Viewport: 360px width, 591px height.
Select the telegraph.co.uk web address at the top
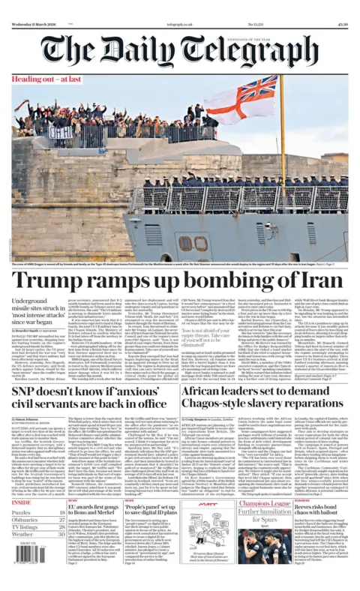(181, 4)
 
